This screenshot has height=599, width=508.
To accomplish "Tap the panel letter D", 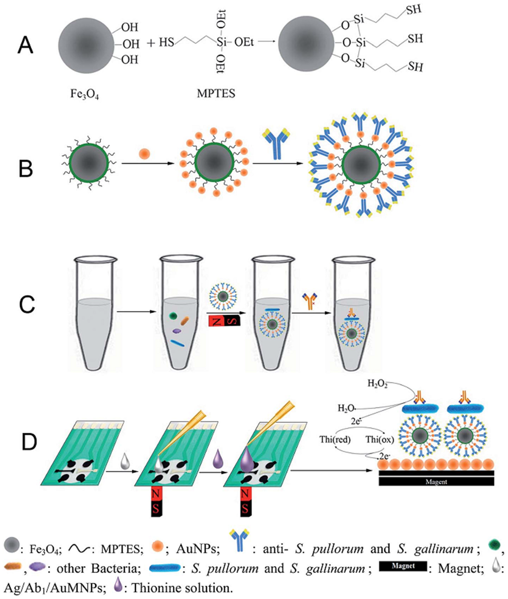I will [x=29, y=442].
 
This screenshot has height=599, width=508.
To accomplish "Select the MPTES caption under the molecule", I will [x=216, y=93].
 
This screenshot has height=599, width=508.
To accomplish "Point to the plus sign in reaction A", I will [x=151, y=43].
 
